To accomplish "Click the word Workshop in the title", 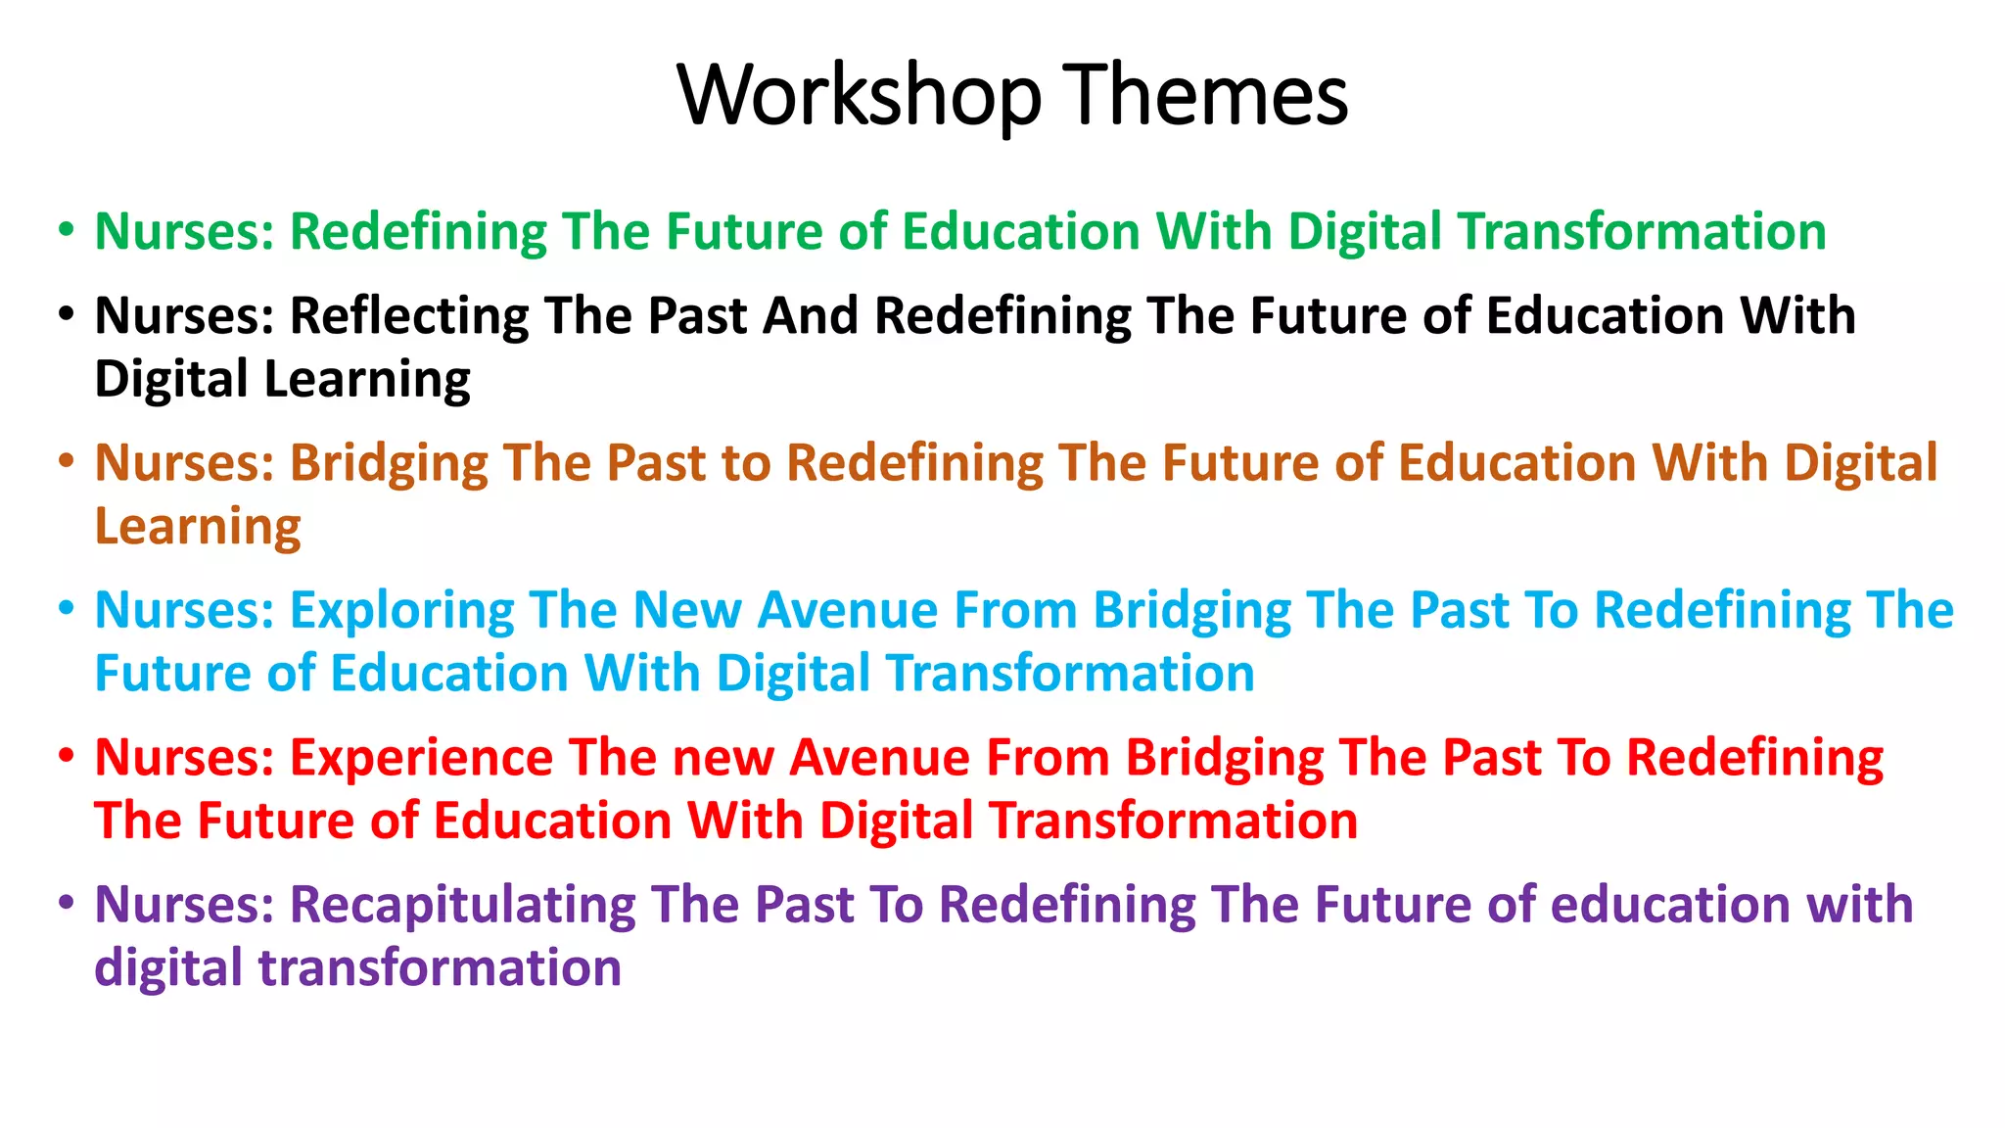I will (x=859, y=96).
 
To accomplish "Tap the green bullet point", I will (x=66, y=230).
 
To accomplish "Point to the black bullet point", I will (x=66, y=315).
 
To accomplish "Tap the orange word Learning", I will (x=198, y=528).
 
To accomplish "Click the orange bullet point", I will (x=66, y=461).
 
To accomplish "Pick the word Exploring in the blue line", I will (x=401, y=611).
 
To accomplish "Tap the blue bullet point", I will (x=66, y=608).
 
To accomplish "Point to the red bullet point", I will (x=66, y=756).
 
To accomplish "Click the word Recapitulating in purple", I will (x=462, y=906).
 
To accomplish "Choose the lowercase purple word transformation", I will (x=440, y=968).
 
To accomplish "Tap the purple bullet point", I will (x=66, y=903).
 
